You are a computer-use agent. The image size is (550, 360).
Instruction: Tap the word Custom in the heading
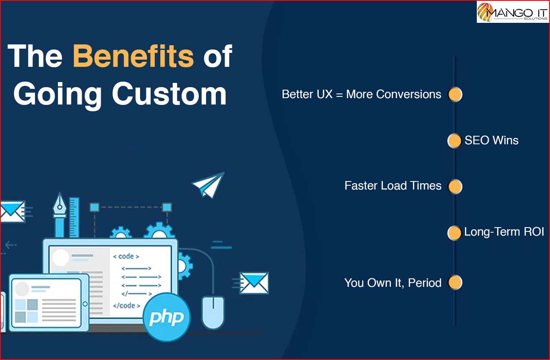coord(169,94)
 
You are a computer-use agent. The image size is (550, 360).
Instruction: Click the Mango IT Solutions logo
coord(512,12)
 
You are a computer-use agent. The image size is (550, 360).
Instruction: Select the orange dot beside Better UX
coord(455,94)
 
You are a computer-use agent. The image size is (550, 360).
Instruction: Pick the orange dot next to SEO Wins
coord(454,141)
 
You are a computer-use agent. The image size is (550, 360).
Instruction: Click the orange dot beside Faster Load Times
coord(455,187)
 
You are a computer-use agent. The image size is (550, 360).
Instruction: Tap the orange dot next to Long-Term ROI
coord(454,233)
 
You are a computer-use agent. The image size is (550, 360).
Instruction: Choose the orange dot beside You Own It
coord(455,282)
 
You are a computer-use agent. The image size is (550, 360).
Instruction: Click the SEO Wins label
coord(492,140)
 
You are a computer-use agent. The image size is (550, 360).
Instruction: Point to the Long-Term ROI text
coord(504,232)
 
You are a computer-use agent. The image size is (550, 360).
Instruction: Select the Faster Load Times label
coord(393,186)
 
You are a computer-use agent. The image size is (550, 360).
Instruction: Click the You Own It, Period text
coord(393,283)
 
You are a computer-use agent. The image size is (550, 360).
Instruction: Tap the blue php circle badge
coord(167,317)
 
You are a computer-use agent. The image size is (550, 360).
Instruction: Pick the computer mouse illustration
coord(213,313)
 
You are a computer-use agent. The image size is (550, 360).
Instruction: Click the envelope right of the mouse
coord(254,283)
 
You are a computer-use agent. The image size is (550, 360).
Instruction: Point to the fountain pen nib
coord(60,204)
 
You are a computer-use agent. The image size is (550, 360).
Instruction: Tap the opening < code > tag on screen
coord(126,256)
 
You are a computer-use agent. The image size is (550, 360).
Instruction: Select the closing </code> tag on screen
coord(126,306)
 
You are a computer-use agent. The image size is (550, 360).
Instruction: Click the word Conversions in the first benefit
coord(409,94)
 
